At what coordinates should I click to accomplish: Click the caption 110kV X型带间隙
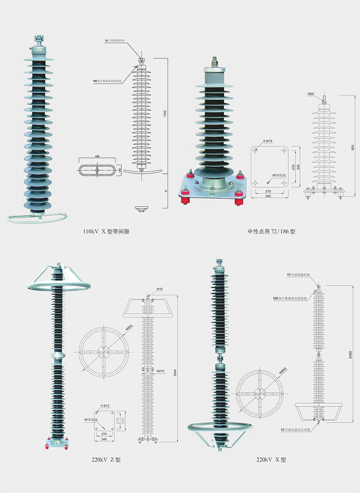pyautogui.click(x=106, y=231)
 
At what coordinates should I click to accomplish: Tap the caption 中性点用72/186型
pyautogui.click(x=272, y=231)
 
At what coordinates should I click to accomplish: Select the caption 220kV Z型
pyautogui.click(x=106, y=460)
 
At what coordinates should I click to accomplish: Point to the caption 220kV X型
pyautogui.click(x=271, y=460)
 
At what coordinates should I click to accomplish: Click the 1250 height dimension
pyautogui.click(x=164, y=113)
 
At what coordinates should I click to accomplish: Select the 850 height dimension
pyautogui.click(x=352, y=147)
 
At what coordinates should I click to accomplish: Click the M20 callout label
pyautogui.click(x=311, y=94)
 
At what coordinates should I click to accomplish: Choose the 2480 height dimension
pyautogui.click(x=350, y=354)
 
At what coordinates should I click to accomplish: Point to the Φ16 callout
pyautogui.click(x=160, y=288)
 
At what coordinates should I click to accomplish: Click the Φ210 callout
pyautogui.click(x=160, y=371)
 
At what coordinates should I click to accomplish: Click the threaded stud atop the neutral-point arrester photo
pyautogui.click(x=214, y=62)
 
